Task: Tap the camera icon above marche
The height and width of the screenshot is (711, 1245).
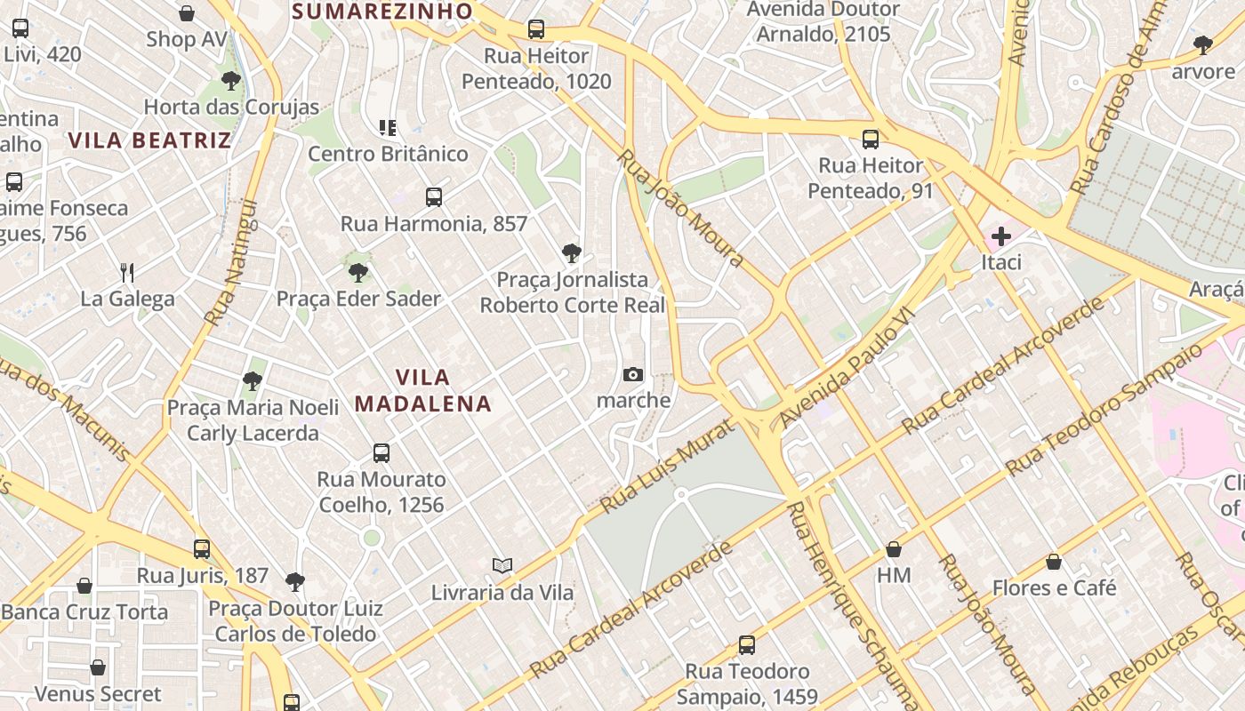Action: (633, 374)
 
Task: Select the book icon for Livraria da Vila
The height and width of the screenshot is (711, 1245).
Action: (502, 565)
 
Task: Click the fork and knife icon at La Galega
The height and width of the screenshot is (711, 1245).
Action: (127, 272)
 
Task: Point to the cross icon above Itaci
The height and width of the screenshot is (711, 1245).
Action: (1001, 236)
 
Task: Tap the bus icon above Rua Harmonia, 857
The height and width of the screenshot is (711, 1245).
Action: (434, 197)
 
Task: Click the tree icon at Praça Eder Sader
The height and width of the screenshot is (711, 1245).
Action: (358, 272)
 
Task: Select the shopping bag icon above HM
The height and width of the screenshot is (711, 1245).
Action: (894, 549)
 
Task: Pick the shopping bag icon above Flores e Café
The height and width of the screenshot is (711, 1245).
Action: (1054, 562)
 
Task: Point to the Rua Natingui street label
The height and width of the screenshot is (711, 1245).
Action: (231, 262)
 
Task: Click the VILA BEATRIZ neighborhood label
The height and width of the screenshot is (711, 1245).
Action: (149, 140)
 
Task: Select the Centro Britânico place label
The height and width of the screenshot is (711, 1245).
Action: (388, 154)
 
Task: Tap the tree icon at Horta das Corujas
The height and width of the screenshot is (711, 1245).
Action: (231, 81)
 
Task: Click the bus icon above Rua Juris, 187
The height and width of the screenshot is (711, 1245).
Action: (202, 549)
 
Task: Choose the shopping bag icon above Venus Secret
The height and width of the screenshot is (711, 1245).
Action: (98, 667)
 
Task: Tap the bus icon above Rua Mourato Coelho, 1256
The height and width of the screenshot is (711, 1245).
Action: (382, 453)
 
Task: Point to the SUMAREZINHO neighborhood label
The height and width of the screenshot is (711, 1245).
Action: (382, 11)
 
